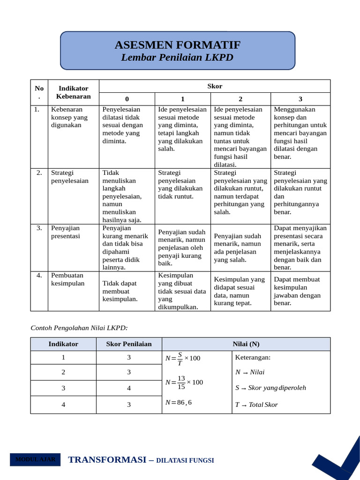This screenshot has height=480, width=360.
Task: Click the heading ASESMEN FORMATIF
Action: click(177, 45)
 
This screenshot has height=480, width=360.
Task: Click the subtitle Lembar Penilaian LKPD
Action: click(177, 58)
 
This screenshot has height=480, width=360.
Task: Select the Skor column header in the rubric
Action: click(215, 86)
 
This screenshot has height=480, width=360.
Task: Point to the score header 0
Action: click(127, 99)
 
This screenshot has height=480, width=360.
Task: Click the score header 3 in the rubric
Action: click(300, 99)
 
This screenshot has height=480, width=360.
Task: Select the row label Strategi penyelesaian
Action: click(69, 177)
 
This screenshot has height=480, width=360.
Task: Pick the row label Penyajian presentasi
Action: click(65, 232)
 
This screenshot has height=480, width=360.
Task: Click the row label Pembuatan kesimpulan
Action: click(67, 279)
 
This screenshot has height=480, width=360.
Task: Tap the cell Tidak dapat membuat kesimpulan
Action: click(120, 291)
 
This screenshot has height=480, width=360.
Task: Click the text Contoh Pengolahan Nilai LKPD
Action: click(79, 328)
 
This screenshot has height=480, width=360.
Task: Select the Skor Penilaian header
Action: click(129, 344)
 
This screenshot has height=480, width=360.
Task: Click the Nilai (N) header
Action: click(246, 344)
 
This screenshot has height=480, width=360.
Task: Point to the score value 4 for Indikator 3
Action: click(129, 388)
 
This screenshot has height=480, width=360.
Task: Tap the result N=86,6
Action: click(179, 402)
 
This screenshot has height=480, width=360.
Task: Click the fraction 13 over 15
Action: click(181, 382)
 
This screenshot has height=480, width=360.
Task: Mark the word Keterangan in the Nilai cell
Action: click(253, 358)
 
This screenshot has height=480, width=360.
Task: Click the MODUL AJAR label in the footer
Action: click(35, 459)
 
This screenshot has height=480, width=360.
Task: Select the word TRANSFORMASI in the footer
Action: click(107, 460)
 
